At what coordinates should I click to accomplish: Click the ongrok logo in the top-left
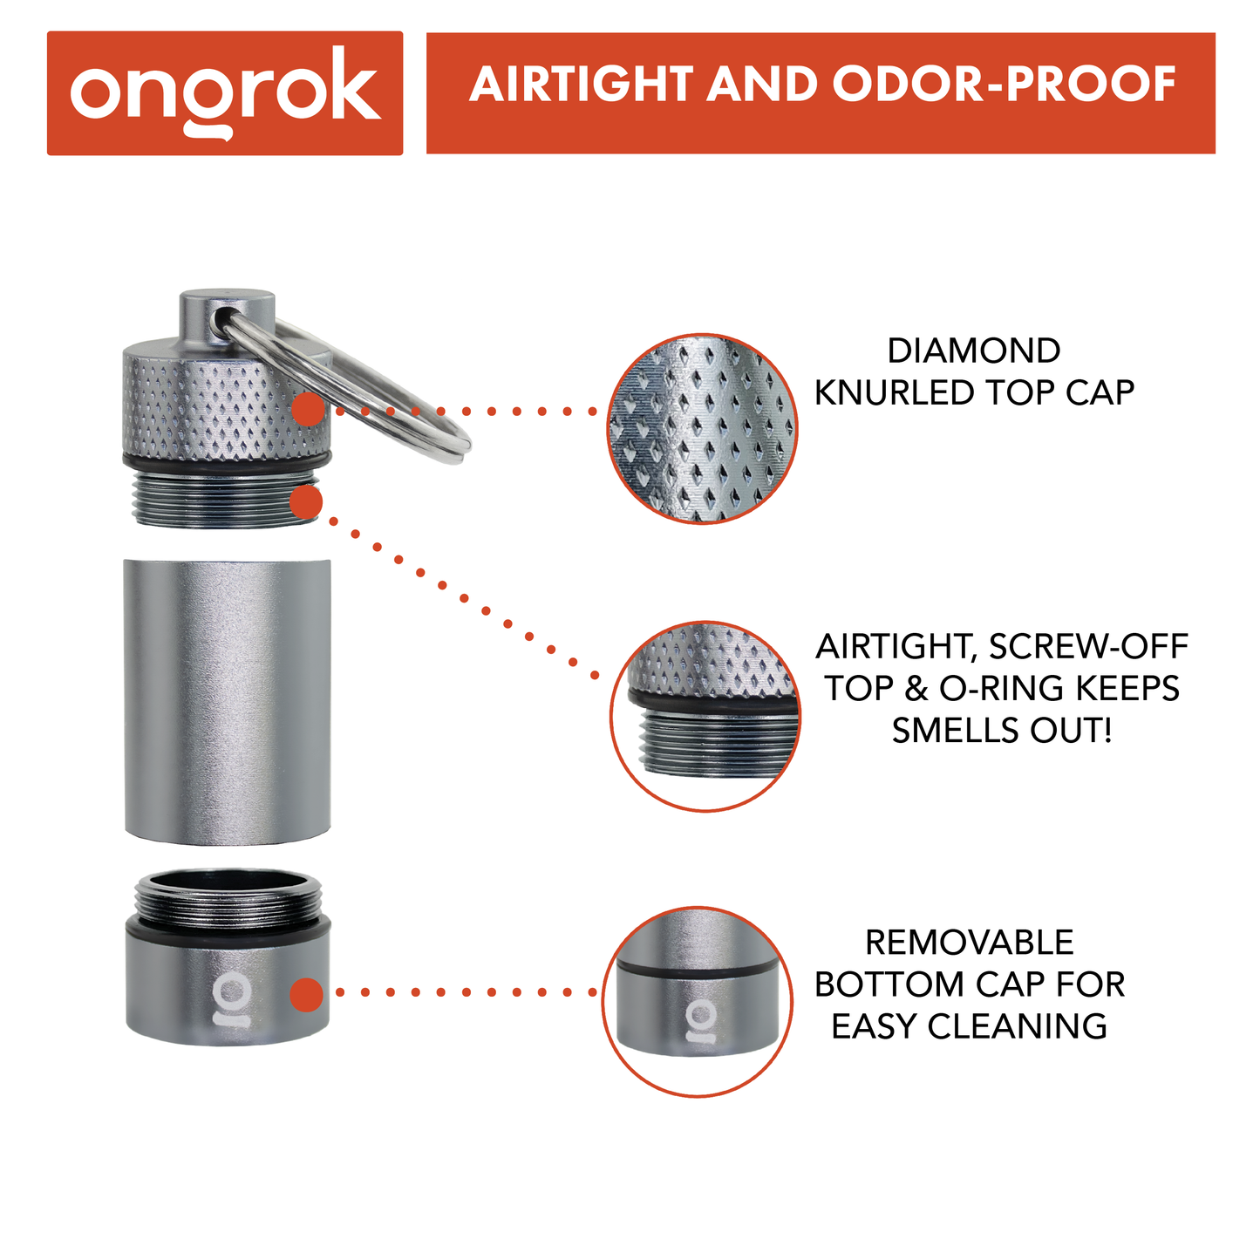[x=225, y=92]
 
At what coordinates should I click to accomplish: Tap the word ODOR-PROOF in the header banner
[x=1004, y=85]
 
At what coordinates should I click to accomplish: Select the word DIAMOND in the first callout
[x=973, y=351]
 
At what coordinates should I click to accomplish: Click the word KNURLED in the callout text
[x=896, y=393]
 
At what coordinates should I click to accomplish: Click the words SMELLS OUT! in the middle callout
[x=1002, y=731]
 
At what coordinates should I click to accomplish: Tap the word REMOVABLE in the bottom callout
[x=969, y=943]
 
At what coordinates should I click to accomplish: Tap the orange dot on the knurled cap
[x=307, y=409]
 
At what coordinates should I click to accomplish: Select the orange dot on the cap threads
[x=306, y=503]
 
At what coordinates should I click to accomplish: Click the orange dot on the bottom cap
[x=306, y=994]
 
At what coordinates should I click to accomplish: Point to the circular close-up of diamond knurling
[x=702, y=428]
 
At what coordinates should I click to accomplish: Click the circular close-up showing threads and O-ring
[x=705, y=716]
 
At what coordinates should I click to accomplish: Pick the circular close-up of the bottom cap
[x=697, y=1002]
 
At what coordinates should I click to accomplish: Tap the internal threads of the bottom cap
[x=228, y=902]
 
